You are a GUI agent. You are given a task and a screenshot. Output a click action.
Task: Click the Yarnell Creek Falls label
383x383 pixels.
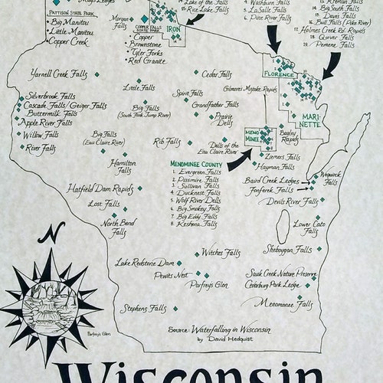56,76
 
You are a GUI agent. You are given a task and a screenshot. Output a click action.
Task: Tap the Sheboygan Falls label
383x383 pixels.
287,249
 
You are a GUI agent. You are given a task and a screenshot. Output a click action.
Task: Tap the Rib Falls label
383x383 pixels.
167,141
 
